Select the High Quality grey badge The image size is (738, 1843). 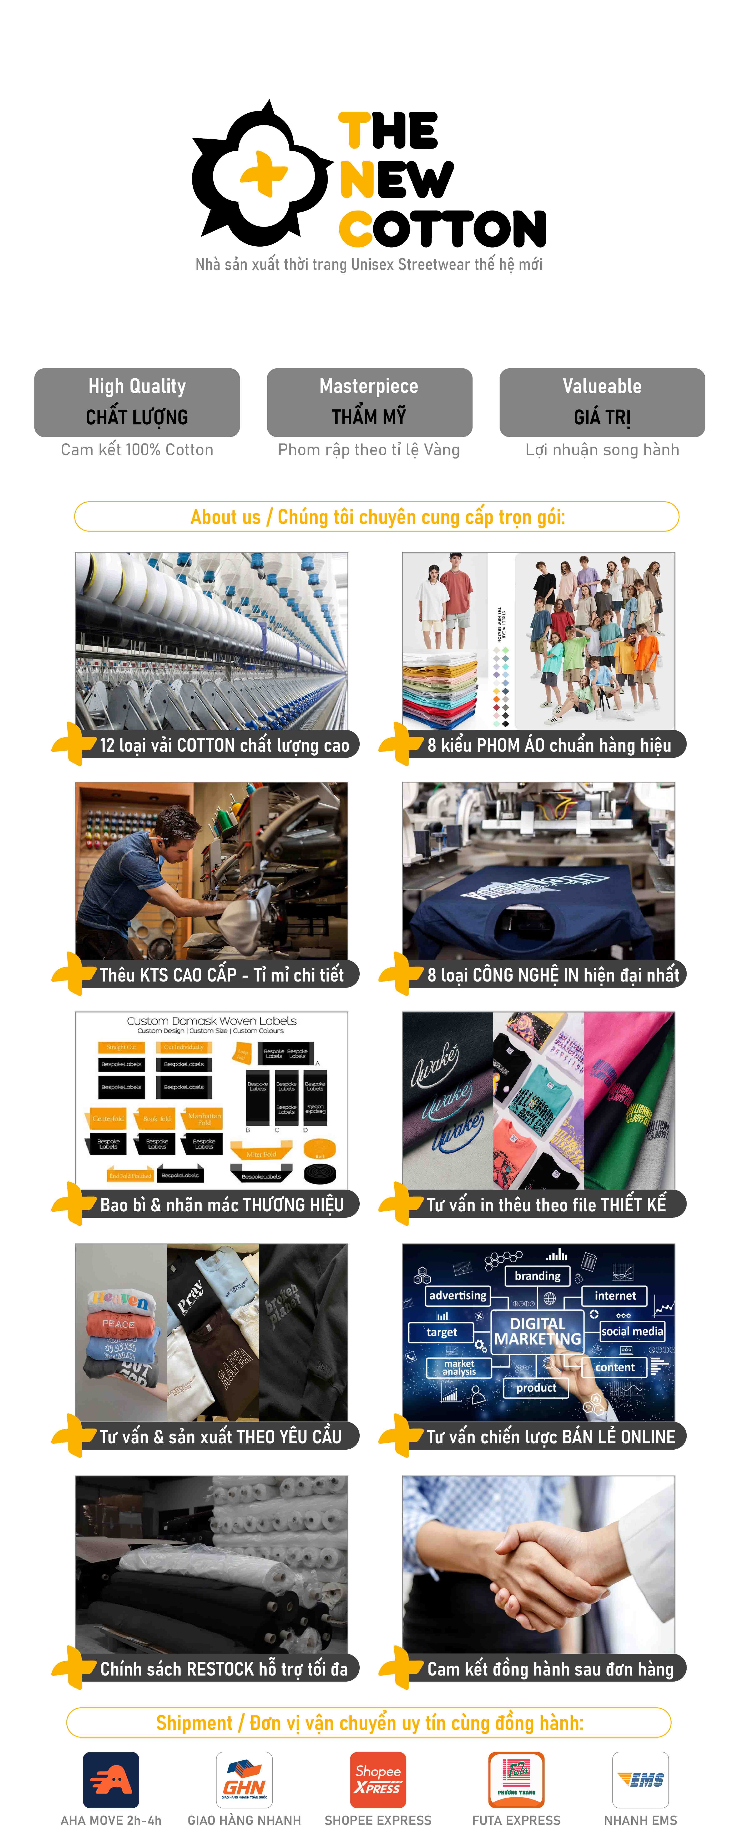click(x=137, y=402)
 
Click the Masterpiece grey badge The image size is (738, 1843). click(x=369, y=402)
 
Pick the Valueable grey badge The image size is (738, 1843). click(x=602, y=402)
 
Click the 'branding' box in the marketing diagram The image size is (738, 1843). click(x=538, y=1276)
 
